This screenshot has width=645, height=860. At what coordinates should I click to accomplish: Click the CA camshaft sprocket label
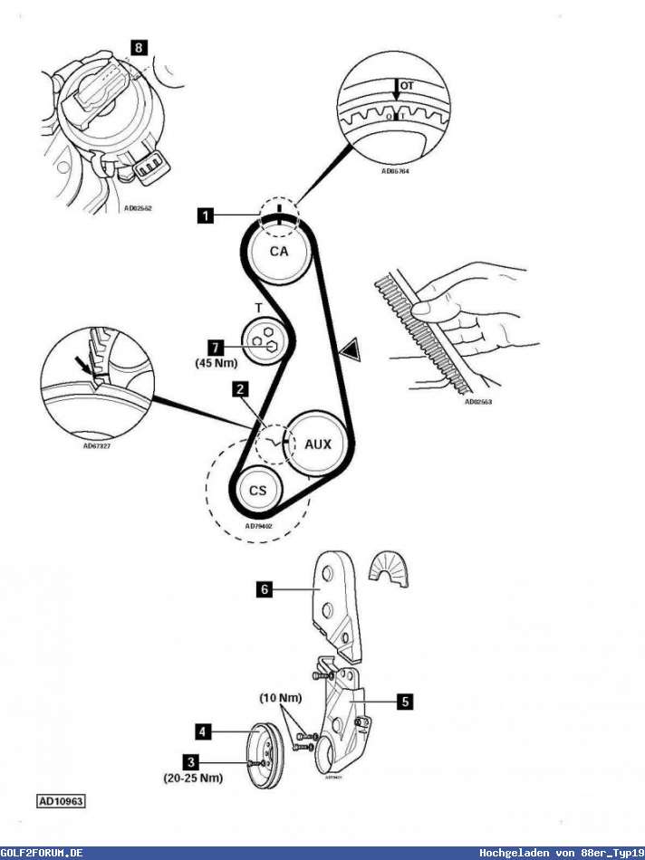[x=278, y=252]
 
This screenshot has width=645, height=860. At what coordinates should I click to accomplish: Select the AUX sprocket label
[x=318, y=444]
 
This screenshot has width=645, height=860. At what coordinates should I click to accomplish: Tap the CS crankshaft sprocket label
[x=258, y=491]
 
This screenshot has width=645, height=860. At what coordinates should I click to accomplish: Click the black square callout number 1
[x=207, y=215]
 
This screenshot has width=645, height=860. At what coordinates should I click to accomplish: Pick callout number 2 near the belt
[x=239, y=389]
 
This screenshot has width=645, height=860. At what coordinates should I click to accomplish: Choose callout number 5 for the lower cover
[x=404, y=700]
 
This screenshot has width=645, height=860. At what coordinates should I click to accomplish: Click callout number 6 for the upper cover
[x=265, y=588]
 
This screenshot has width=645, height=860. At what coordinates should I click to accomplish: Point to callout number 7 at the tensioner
[x=214, y=346]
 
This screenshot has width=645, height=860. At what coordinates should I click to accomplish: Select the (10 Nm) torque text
[x=281, y=698]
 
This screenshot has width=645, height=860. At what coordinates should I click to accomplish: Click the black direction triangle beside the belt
[x=349, y=348]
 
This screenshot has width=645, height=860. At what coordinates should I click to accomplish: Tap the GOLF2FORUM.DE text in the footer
[x=43, y=853]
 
